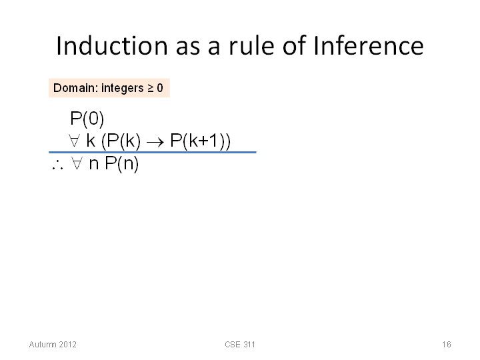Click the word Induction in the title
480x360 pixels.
tap(112, 45)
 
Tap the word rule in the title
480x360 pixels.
tap(251, 45)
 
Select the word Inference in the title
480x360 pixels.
tap(369, 45)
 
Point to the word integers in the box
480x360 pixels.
tap(123, 88)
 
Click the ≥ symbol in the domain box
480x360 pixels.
tap(151, 88)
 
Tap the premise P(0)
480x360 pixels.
tap(87, 119)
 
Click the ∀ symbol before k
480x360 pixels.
tap(75, 141)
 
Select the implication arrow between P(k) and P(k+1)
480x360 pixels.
tap(155, 142)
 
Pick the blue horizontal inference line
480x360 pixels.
tap(153, 152)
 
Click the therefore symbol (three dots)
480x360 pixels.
tap(57, 166)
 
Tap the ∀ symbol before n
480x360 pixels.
tap(77, 163)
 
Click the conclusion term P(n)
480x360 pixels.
tap(122, 163)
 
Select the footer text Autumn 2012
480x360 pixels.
tap(53, 345)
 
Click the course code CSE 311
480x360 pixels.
tap(240, 345)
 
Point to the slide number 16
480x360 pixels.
tap(446, 345)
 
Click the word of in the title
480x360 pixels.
tap(294, 45)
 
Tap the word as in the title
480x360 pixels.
tap(188, 47)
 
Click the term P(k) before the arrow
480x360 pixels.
tap(121, 141)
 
